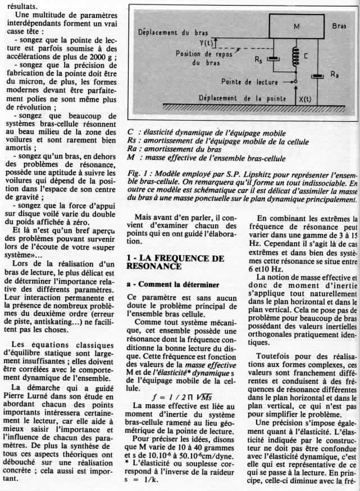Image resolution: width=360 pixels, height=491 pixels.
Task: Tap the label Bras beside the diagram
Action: [x=340, y=26]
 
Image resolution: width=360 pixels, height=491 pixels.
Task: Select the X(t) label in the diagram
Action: [x=305, y=99]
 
